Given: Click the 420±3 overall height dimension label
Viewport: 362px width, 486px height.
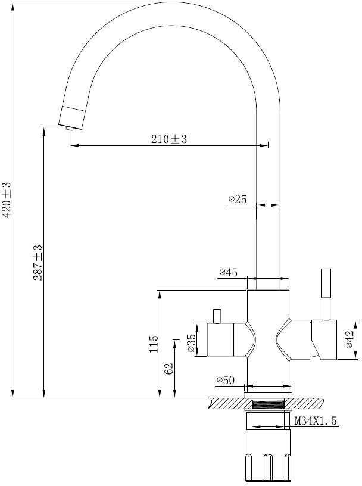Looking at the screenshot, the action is point(7,200).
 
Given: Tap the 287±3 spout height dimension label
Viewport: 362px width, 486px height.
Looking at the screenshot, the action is point(38,263).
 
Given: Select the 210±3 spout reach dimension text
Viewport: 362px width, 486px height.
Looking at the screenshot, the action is point(169,139).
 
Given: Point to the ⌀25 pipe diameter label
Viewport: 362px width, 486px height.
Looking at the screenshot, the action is point(238,200).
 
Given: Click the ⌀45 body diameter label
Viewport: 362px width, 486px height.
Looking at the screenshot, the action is point(229,272).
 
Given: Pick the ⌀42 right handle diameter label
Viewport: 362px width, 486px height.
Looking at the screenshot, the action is point(349,339).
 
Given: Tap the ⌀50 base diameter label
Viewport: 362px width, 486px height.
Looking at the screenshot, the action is point(226,380).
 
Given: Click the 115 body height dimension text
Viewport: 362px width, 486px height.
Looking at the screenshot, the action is point(154,344).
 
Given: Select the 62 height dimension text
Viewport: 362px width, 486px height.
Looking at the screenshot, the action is point(168,369).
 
